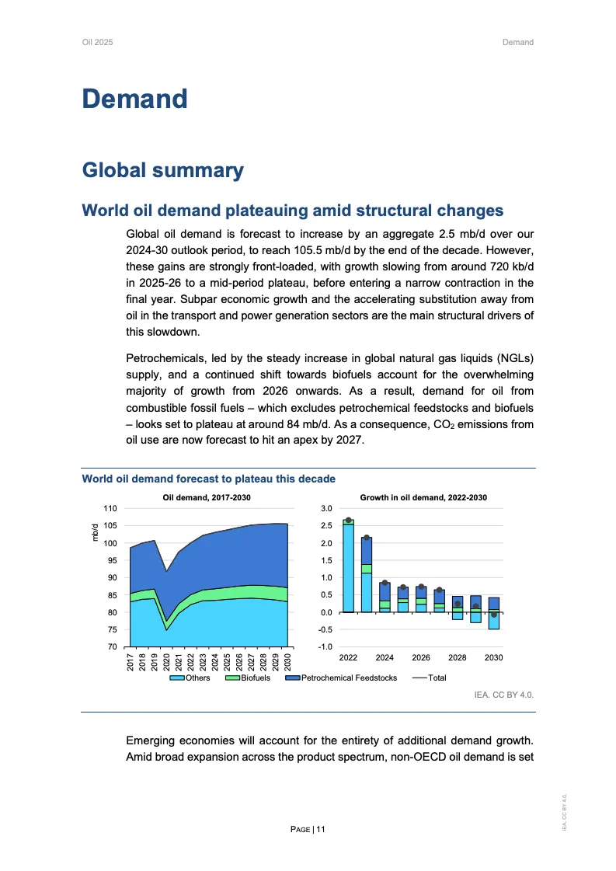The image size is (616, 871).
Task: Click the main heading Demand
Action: coord(135,99)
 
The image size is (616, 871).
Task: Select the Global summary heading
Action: coord(162,170)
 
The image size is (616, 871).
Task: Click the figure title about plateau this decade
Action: coord(208,479)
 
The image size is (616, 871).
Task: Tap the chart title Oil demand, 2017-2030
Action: coord(207,497)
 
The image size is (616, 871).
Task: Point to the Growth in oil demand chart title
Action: coord(423,497)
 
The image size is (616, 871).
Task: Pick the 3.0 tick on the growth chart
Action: coord(326,508)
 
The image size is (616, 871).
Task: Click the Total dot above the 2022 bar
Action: coord(348,520)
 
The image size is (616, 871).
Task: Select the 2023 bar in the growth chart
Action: coord(367,575)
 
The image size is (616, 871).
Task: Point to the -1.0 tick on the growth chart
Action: coord(326,647)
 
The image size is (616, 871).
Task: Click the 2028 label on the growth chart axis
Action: coord(458,657)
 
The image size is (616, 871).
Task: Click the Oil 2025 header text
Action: coord(97,42)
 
